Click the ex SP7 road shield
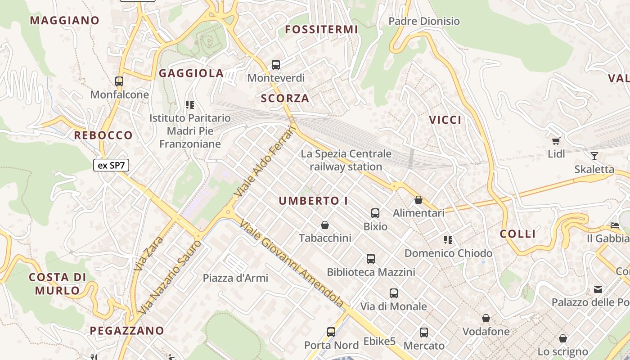point(111,165)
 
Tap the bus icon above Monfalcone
point(119,81)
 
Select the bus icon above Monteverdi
point(276,65)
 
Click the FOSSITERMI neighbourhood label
point(321,30)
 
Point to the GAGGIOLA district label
point(191,73)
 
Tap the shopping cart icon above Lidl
point(556,141)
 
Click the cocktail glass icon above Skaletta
point(594,156)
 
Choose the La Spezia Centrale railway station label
point(346,160)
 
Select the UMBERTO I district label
point(313,201)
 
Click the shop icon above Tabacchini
point(325,225)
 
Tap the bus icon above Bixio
point(375,213)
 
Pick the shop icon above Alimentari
point(418,200)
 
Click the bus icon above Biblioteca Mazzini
point(371,259)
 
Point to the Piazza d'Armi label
point(235,278)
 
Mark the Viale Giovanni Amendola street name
point(292,264)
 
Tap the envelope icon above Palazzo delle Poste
point(598,289)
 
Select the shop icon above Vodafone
point(486,319)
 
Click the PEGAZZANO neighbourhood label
point(127,331)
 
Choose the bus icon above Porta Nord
point(331,332)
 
